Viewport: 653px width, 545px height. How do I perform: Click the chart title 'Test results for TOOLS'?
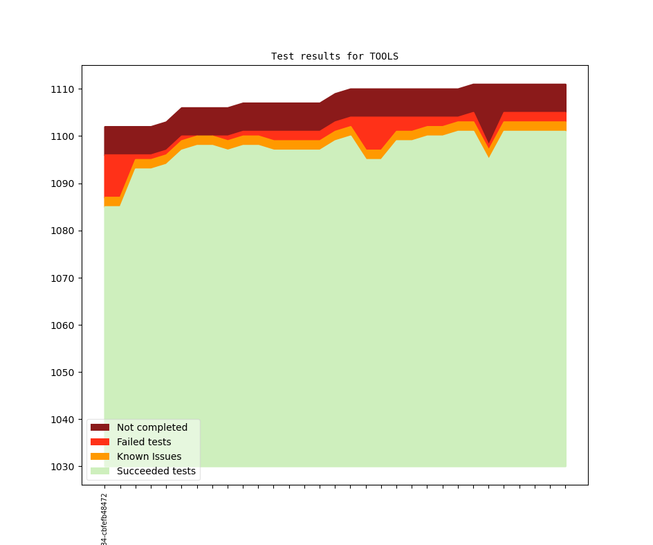[x=334, y=56]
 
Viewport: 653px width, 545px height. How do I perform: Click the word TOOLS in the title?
[x=384, y=56]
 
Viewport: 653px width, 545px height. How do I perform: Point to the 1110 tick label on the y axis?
[x=62, y=89]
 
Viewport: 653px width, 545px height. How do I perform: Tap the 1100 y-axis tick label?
[x=62, y=136]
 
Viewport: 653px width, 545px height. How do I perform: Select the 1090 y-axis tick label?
[x=62, y=184]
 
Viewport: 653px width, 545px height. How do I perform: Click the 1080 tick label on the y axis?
[x=62, y=231]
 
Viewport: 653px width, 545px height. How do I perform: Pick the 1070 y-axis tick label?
[x=62, y=278]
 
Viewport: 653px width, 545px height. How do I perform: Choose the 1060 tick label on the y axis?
[x=62, y=325]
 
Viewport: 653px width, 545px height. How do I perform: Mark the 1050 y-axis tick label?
[x=62, y=372]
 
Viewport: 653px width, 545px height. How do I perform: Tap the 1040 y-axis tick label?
[x=62, y=420]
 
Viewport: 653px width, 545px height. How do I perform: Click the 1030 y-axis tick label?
[x=62, y=467]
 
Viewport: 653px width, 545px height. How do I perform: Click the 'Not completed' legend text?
[x=152, y=427]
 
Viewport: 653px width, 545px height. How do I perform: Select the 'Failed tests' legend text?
[x=144, y=442]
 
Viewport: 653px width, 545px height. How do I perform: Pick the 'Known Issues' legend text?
[x=149, y=456]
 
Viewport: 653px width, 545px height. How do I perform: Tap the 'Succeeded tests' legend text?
[x=156, y=471]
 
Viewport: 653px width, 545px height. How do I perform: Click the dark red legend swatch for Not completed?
[x=100, y=427]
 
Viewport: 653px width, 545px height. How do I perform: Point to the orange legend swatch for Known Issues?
[x=100, y=456]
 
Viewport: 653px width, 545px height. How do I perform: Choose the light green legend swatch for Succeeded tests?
[x=100, y=471]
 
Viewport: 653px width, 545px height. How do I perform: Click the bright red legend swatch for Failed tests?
[x=100, y=442]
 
